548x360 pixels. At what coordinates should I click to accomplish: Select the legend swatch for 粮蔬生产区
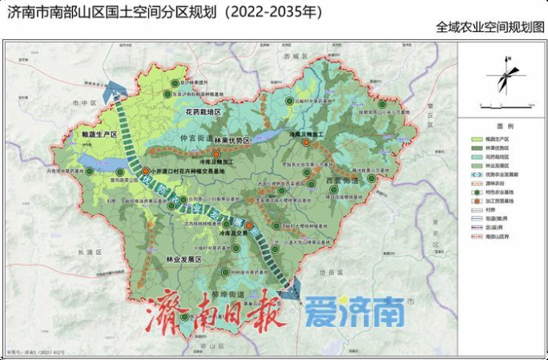coord(475,139)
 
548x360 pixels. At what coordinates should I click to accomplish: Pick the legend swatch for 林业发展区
coord(475,164)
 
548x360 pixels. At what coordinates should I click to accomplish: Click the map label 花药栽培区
coord(203,113)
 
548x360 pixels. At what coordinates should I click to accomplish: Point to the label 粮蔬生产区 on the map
coord(95,136)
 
